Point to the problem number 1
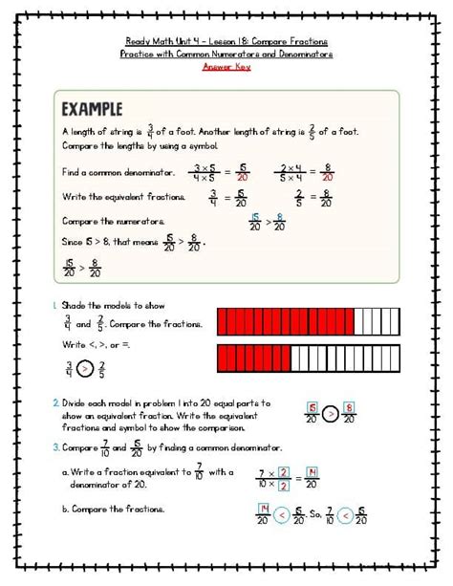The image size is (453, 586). [54, 305]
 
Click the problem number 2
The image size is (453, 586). [55, 403]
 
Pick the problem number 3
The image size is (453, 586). [55, 446]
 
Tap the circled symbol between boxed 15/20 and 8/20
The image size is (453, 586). [328, 414]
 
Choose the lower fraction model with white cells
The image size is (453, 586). [309, 358]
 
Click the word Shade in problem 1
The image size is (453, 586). [75, 305]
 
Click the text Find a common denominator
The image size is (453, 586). [118, 172]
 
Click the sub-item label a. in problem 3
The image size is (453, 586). [65, 472]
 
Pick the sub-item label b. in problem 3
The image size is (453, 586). [65, 510]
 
